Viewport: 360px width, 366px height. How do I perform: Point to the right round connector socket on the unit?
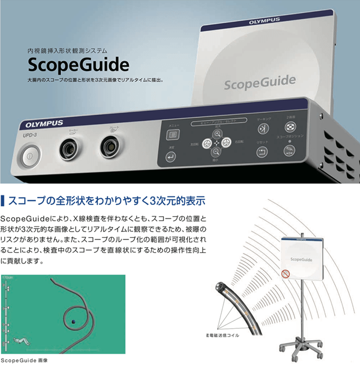[x=110, y=147]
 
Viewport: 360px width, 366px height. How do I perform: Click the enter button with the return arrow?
[x=171, y=158]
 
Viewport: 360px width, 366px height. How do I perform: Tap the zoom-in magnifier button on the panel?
[x=217, y=133]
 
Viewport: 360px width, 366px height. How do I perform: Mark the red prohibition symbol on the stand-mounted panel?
[x=286, y=274]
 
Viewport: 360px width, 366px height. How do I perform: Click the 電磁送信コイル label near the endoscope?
[x=223, y=336]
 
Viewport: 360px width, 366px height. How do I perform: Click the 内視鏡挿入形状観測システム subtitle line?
[x=67, y=50]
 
